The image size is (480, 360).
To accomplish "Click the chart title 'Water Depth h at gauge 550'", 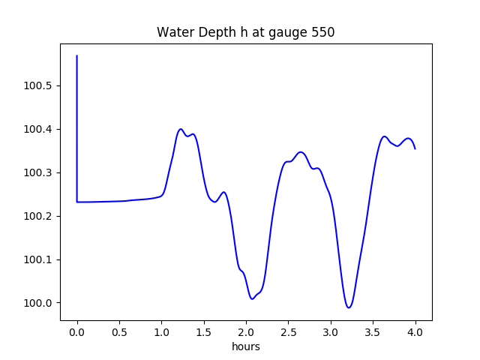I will pos(245,32).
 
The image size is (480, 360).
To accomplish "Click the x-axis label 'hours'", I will pos(246,347).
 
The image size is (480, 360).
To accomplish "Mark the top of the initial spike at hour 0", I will pos(77,55).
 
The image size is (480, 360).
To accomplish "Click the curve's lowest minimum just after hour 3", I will pos(349,307).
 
